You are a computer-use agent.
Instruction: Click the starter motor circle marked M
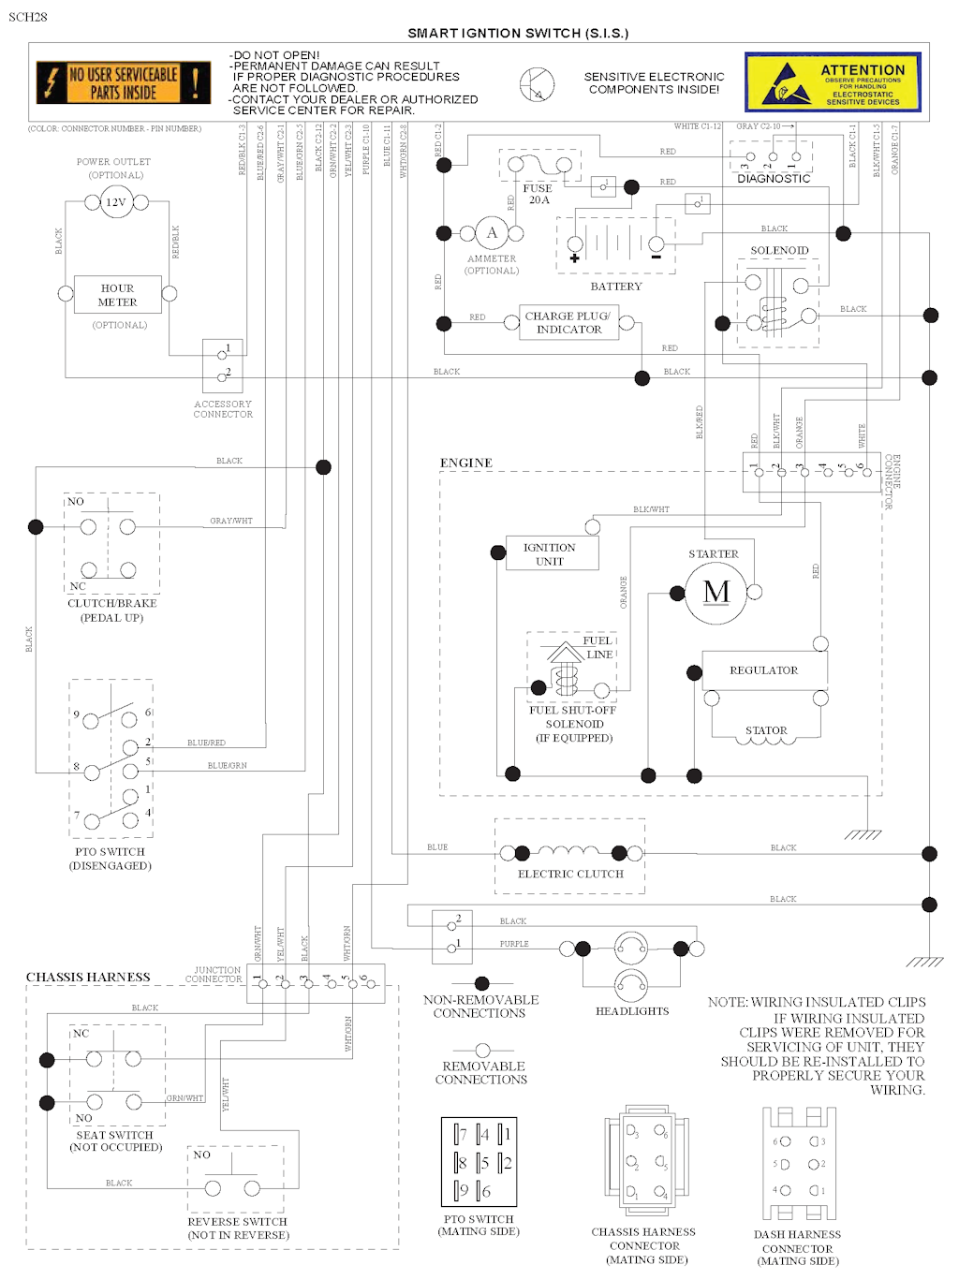click(716, 592)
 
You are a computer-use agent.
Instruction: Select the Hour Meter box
click(117, 295)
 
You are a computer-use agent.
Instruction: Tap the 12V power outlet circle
click(116, 202)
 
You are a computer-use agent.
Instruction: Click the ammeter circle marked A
click(492, 233)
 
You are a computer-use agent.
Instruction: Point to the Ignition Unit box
click(550, 554)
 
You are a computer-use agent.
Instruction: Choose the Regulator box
click(764, 670)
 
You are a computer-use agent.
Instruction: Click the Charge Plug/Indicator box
click(568, 323)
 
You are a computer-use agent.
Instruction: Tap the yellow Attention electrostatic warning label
click(833, 82)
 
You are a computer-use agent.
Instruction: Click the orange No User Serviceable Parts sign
click(123, 82)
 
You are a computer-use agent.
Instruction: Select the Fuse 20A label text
click(538, 194)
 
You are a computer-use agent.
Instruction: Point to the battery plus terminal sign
click(574, 257)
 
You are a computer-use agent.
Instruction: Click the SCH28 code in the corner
click(27, 17)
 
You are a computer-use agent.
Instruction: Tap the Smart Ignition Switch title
click(518, 33)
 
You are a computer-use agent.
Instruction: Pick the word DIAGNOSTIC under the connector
click(774, 178)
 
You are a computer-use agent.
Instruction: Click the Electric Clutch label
click(570, 874)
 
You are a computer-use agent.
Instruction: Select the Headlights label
click(632, 1011)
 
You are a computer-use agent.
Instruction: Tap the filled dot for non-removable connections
click(481, 983)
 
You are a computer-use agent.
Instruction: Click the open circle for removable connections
click(482, 1051)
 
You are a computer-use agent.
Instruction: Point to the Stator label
click(766, 730)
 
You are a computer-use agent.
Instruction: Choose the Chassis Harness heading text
click(88, 978)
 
